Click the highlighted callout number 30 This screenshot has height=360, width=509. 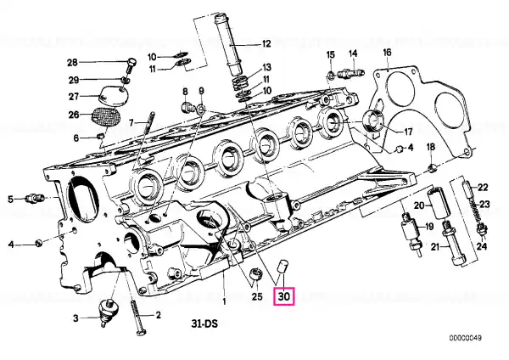point(283,296)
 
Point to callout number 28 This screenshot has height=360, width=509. point(72,62)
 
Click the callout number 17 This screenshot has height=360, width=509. point(408,132)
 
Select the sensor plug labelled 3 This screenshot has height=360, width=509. point(107,312)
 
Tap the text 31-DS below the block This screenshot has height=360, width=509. point(204,323)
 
